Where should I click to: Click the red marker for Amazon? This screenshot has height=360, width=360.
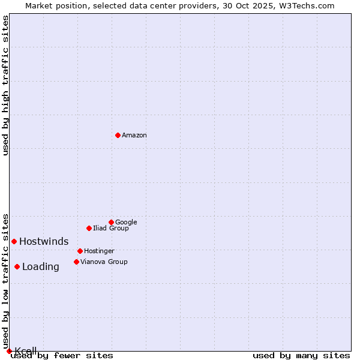click(x=118, y=135)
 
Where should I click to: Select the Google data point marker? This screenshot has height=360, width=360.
click(x=111, y=222)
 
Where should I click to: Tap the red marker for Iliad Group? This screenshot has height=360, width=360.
click(x=89, y=228)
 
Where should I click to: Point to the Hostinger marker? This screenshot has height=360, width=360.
click(x=80, y=251)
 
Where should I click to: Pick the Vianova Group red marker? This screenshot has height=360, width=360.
click(x=76, y=262)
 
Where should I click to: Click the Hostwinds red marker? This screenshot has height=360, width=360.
click(x=14, y=241)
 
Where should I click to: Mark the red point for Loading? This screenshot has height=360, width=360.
click(x=17, y=266)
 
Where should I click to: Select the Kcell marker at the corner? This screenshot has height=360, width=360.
click(x=9, y=351)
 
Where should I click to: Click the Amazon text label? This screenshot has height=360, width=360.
click(x=134, y=135)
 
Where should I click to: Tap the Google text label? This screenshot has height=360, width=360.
click(x=126, y=222)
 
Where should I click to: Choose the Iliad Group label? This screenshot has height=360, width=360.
click(x=110, y=228)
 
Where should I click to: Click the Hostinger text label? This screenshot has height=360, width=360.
click(x=99, y=251)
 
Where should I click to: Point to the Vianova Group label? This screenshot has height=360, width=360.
click(x=104, y=262)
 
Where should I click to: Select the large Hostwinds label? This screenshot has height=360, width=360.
click(x=44, y=241)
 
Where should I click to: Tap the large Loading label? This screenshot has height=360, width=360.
click(x=41, y=267)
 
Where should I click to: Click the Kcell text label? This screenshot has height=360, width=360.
click(x=26, y=350)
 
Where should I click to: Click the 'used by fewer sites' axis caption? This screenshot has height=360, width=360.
click(x=62, y=355)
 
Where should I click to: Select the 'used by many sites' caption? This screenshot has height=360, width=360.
click(x=301, y=355)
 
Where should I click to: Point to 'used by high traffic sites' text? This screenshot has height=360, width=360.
click(x=5, y=85)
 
